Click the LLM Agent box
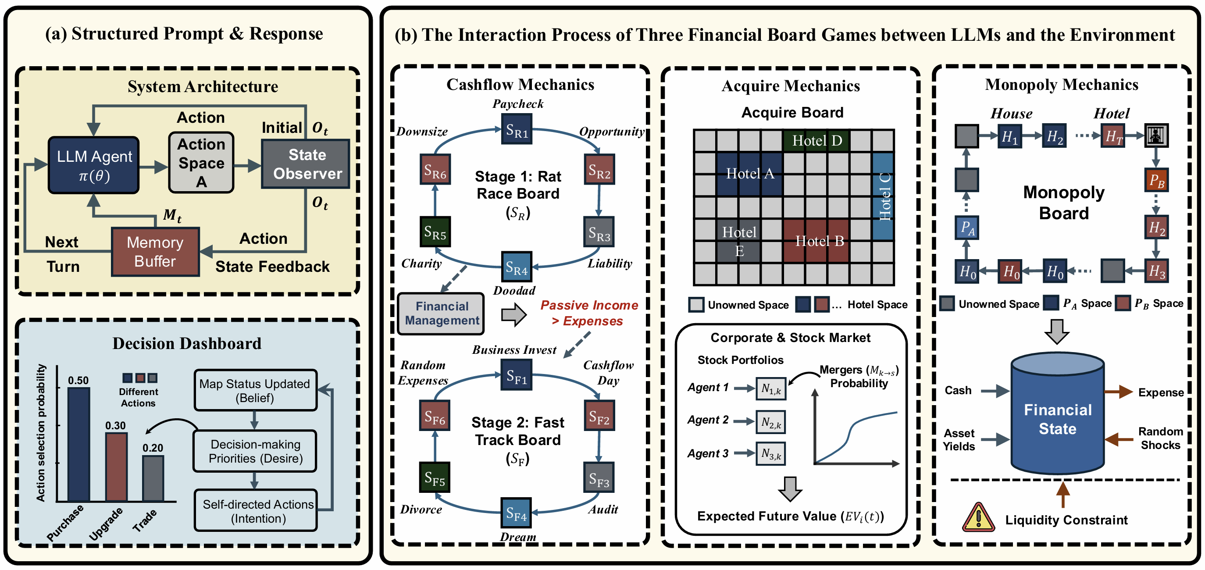click(x=94, y=165)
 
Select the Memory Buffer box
click(x=155, y=252)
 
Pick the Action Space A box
click(x=201, y=163)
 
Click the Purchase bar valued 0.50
click(x=78, y=444)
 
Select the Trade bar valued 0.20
click(x=153, y=478)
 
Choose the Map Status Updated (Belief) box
click(x=255, y=390)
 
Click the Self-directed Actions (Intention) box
click(x=257, y=511)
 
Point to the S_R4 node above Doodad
click(x=517, y=267)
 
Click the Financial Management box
click(x=441, y=313)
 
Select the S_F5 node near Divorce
click(x=435, y=477)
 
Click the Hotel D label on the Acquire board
click(x=817, y=140)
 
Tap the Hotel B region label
click(x=820, y=241)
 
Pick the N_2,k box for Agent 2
click(x=771, y=422)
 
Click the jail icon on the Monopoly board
click(x=1156, y=135)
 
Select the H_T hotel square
click(x=1113, y=136)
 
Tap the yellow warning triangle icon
click(x=978, y=518)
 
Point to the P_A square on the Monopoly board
click(x=967, y=228)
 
